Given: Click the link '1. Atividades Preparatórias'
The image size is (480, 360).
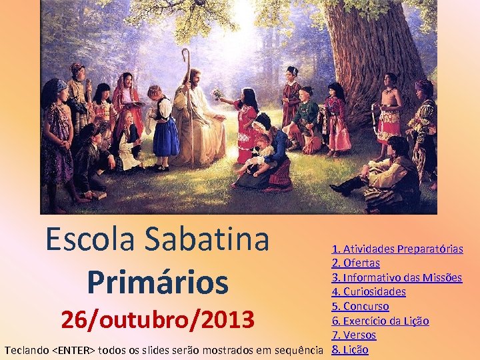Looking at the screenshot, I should pos(397,249).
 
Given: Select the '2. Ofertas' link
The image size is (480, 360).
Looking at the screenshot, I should pos(355,263).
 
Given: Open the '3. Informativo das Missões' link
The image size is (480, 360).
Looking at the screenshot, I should pos(397,277).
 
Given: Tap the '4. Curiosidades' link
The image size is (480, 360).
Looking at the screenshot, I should pos(369,291).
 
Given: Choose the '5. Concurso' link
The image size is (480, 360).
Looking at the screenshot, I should pos(360,306).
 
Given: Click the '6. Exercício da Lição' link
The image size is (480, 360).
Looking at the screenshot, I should pos(380,321).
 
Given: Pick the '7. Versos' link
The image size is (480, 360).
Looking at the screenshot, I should pos(354,335).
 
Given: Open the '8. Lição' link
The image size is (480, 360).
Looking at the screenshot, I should pos(350,349).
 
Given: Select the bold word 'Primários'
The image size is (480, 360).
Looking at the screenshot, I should pos(157,281).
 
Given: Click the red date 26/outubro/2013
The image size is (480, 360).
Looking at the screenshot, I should pos(157,320).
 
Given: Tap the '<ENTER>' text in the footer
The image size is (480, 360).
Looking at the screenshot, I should pos(73,349).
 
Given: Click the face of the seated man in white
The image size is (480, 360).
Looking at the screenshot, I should pos(194,78).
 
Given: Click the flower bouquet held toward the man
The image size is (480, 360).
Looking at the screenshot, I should pos(217,94).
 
